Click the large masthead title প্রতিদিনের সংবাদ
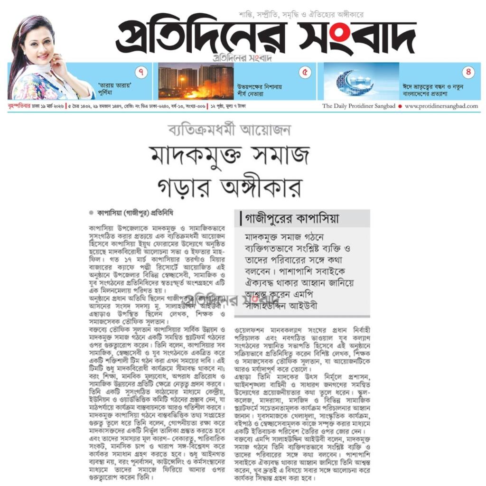[x=266, y=37]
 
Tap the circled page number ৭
[x=141, y=73]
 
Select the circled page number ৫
[x=305, y=73]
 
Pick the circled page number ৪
[x=468, y=73]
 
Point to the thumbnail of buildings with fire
[x=196, y=81]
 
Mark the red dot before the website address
[x=400, y=106]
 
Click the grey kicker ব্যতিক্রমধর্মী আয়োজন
[x=229, y=130]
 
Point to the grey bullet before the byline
[x=91, y=213]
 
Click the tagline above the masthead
[x=301, y=15]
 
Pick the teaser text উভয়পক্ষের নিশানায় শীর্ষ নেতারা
[x=259, y=90]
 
